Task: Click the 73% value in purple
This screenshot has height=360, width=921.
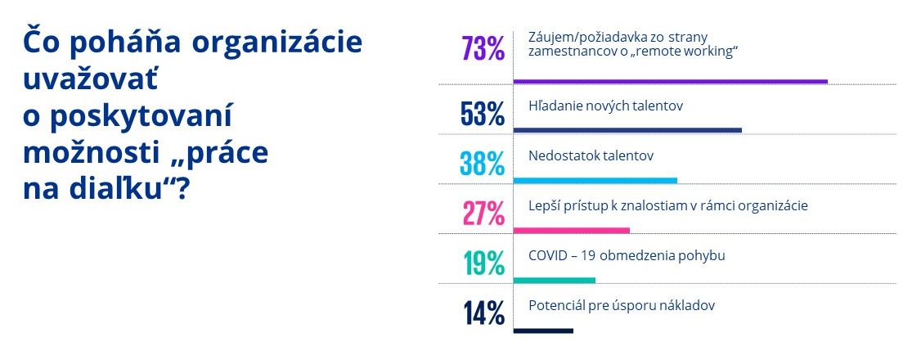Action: tap(483, 49)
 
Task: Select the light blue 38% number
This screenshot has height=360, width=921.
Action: tap(483, 164)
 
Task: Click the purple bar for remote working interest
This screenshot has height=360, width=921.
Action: tap(671, 81)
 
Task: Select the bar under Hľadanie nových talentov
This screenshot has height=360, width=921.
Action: tap(627, 130)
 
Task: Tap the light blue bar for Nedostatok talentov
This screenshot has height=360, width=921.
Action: tap(595, 180)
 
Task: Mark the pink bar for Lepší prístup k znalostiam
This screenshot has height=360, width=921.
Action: tap(572, 230)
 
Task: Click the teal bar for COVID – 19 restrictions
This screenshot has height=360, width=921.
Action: tap(555, 280)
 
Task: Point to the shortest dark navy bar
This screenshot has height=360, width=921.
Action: tap(544, 331)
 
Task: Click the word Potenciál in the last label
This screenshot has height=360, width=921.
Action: tap(556, 305)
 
